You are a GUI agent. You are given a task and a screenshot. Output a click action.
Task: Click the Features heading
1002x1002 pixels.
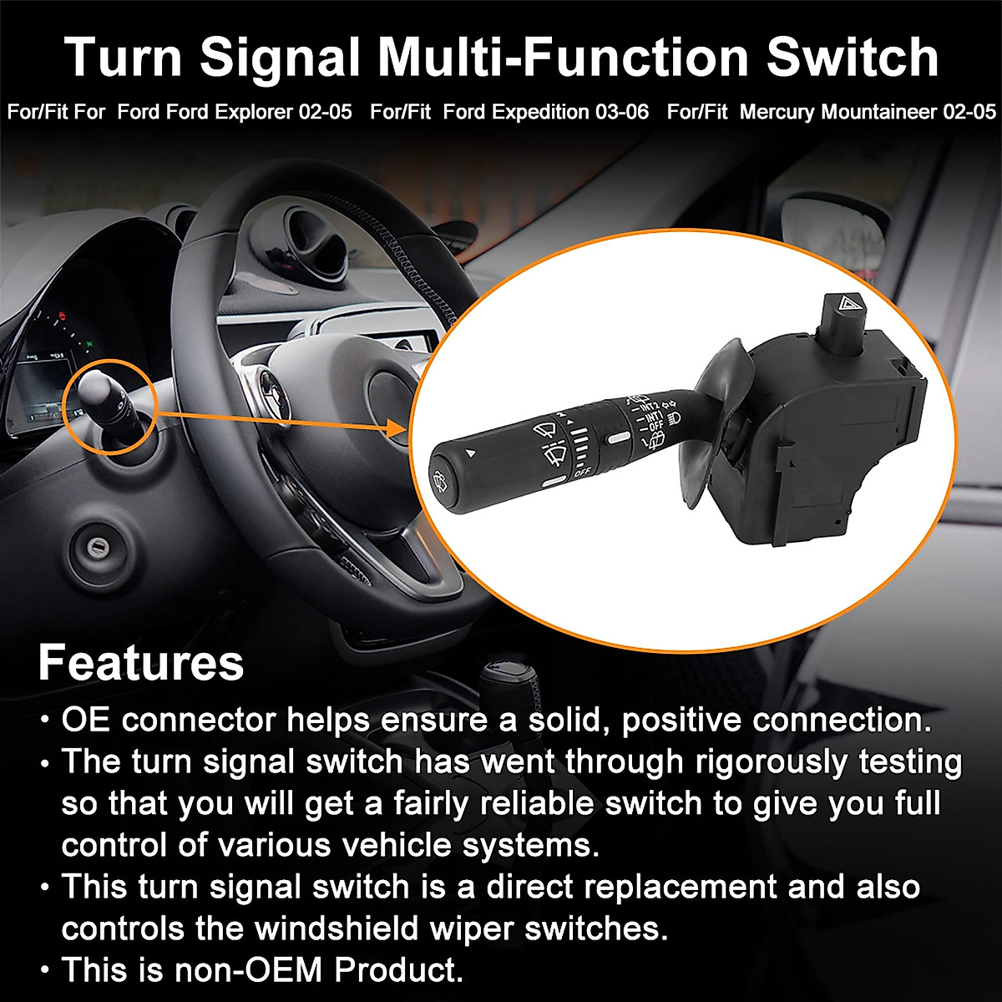140,662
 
